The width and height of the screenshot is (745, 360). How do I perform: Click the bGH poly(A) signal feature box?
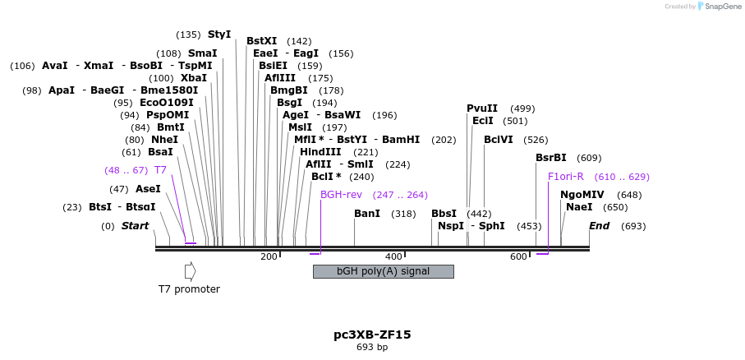[383, 271]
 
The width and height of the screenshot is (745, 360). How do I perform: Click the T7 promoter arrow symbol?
[190, 270]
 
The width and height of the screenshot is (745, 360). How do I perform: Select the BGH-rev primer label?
[341, 195]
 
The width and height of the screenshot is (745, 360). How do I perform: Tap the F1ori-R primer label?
[565, 176]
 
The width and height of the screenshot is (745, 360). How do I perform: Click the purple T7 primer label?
[160, 170]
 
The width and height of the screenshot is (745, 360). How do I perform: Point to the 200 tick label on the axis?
[269, 257]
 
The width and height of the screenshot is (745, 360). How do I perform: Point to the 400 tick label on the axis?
[393, 257]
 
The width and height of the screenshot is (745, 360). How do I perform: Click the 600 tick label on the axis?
[518, 257]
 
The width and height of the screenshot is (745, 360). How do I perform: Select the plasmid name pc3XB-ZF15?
[372, 335]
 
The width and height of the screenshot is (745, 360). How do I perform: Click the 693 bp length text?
[372, 348]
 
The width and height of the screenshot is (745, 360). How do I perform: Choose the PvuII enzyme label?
[482, 108]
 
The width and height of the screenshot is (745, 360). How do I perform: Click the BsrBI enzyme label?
[551, 158]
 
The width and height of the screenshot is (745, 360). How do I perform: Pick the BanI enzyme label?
[367, 214]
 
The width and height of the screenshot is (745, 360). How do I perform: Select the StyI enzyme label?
[219, 35]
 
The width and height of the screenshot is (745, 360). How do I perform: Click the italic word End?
[599, 226]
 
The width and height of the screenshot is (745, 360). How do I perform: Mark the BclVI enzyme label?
[499, 140]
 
